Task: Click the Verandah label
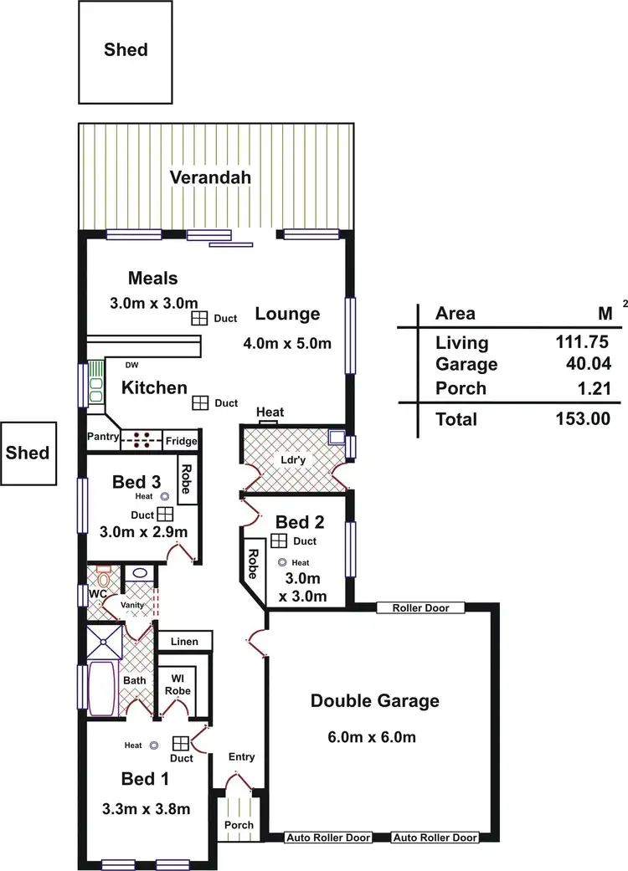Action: (x=210, y=177)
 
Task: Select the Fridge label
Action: (x=180, y=441)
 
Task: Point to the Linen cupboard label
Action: (x=184, y=642)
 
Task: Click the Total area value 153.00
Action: (x=582, y=419)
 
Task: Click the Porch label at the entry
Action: (x=238, y=824)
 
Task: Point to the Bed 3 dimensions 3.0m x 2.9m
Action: (x=143, y=532)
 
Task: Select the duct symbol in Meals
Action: (x=198, y=318)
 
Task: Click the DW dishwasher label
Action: (x=131, y=366)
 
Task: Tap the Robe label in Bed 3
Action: (x=188, y=479)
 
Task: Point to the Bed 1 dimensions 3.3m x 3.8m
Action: (x=144, y=808)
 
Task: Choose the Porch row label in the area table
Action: (x=461, y=388)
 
